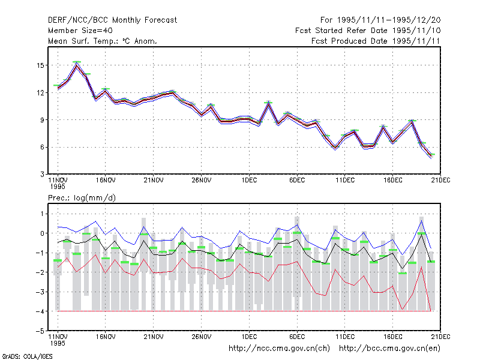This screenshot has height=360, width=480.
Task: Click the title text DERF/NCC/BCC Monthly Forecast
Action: click(x=112, y=20)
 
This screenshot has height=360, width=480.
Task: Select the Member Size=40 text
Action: click(x=80, y=31)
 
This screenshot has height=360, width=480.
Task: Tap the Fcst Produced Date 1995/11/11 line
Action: click(x=376, y=41)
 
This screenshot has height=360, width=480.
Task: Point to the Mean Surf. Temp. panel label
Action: click(x=102, y=41)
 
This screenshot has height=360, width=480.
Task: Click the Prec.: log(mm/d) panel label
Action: click(x=82, y=198)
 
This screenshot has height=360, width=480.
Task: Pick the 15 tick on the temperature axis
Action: click(x=40, y=65)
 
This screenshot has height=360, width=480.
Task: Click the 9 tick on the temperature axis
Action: click(x=42, y=120)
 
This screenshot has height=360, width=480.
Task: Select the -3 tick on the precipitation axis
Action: click(x=40, y=292)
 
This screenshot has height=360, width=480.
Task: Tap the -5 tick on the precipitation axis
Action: click(x=40, y=331)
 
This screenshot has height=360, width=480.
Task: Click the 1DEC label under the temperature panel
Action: click(x=249, y=181)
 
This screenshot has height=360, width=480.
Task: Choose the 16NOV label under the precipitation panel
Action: click(x=106, y=337)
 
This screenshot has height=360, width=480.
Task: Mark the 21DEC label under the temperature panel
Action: click(x=440, y=181)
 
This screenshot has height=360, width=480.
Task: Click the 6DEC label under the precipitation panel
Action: click(x=297, y=337)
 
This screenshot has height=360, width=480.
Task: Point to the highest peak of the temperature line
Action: click(x=77, y=65)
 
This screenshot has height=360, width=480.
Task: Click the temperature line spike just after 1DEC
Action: click(x=268, y=104)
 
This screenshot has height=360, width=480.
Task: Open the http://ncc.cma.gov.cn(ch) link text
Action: click(x=279, y=349)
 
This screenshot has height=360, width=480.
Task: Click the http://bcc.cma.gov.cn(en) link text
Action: click(x=389, y=349)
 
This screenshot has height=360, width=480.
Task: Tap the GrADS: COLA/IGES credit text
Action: click(x=27, y=356)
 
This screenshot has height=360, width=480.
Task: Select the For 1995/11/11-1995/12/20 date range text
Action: click(x=380, y=20)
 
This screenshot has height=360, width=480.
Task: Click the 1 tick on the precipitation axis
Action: click(x=42, y=214)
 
